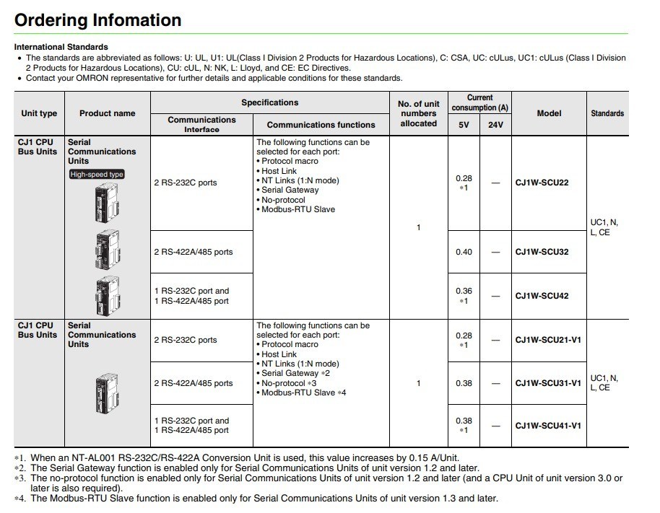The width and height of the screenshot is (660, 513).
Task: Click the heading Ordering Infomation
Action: (x=98, y=19)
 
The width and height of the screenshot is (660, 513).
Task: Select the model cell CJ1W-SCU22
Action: (x=542, y=183)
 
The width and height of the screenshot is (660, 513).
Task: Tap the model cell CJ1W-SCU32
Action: (x=542, y=252)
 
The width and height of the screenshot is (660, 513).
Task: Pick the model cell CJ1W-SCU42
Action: (x=542, y=296)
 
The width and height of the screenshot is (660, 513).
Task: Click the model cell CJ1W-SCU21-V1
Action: (x=548, y=341)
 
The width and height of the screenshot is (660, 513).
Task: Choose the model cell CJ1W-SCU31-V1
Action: (x=548, y=383)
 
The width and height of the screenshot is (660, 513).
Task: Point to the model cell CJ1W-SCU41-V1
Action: (x=548, y=426)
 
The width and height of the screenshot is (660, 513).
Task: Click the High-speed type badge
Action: (x=97, y=174)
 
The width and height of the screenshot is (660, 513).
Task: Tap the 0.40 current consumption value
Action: (x=464, y=252)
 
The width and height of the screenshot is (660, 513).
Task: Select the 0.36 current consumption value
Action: (x=464, y=291)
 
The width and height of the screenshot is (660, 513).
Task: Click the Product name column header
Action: (x=107, y=113)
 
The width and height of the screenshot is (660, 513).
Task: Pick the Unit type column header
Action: (x=39, y=113)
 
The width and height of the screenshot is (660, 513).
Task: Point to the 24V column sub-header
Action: (x=495, y=125)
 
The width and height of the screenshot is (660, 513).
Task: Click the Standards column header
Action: (x=607, y=113)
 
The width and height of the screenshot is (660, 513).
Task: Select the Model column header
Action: (x=549, y=113)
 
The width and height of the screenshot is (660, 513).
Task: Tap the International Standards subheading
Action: (x=61, y=47)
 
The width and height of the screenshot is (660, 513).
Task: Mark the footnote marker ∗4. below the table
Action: (x=20, y=499)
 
